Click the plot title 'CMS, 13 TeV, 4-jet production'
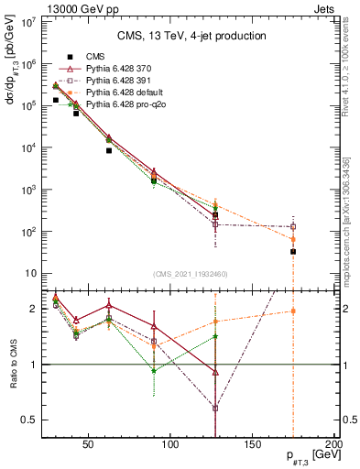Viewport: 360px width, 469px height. pyautogui.click(x=191, y=36)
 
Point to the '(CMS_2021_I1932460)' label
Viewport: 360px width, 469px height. pyautogui.click(x=191, y=273)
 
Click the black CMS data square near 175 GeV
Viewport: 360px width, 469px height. pyautogui.click(x=293, y=251)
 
